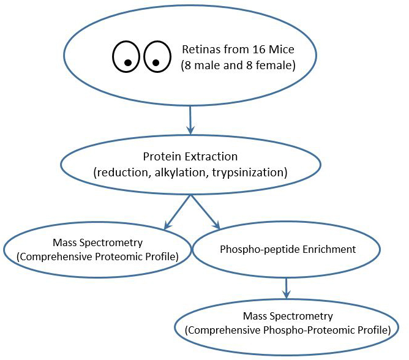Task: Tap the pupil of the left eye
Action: (x=128, y=62)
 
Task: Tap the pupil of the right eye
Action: (x=156, y=62)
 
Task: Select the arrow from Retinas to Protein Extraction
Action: (x=190, y=120)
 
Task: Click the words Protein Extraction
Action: (x=190, y=157)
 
